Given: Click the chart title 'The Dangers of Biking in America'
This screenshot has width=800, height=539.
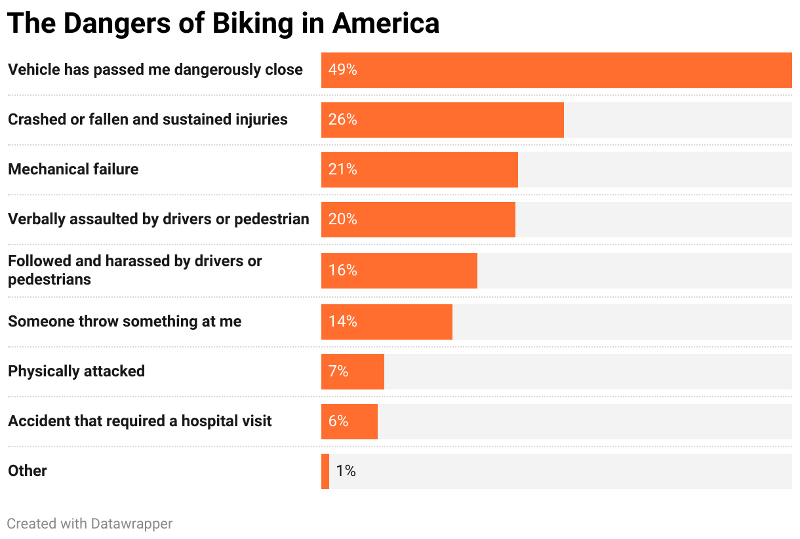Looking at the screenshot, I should [x=223, y=24].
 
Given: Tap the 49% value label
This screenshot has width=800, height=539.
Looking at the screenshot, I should [x=342, y=70].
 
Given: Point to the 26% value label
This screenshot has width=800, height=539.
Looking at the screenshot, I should [x=342, y=120].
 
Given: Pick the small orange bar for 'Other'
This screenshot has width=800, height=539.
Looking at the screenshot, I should [x=325, y=471].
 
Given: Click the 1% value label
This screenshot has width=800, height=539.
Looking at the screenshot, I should [x=346, y=471].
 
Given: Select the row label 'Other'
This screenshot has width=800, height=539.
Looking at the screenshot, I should [x=28, y=471].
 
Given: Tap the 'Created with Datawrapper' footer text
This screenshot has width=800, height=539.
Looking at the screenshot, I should [x=90, y=524].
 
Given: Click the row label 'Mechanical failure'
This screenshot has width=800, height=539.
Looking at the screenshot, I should [x=73, y=169].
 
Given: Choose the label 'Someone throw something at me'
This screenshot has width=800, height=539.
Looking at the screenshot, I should [x=125, y=321].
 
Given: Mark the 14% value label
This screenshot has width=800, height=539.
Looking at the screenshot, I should [x=342, y=322].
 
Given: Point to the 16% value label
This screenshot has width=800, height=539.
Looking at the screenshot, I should [x=342, y=271].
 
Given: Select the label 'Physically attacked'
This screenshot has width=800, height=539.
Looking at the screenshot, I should [x=76, y=371].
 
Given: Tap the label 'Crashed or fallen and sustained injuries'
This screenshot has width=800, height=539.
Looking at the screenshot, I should [x=148, y=119].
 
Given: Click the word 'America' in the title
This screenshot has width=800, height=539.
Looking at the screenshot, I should [x=386, y=24].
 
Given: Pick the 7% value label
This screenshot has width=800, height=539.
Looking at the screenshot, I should [x=338, y=372].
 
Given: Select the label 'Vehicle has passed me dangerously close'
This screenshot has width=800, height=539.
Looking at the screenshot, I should [x=155, y=70].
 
